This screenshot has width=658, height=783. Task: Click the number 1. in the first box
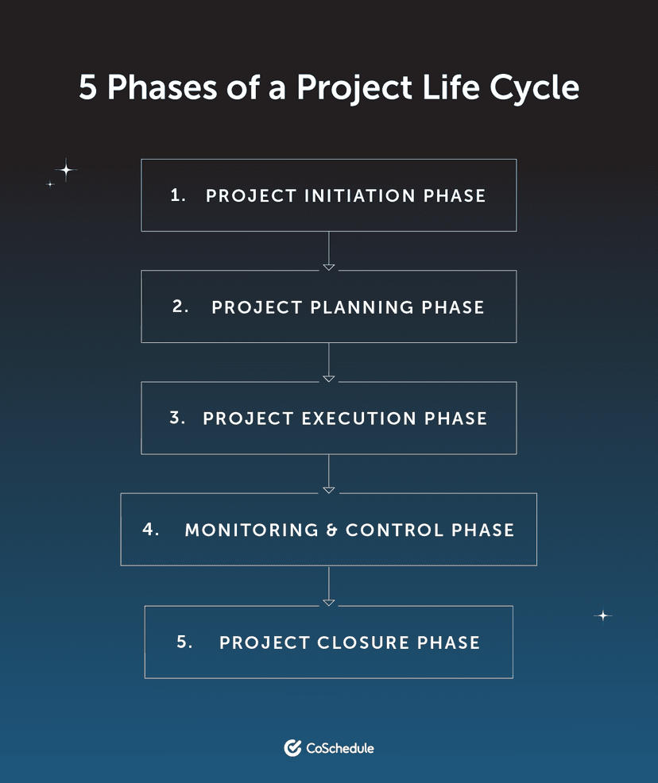pyautogui.click(x=178, y=195)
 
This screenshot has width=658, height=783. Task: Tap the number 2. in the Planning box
pyautogui.click(x=180, y=307)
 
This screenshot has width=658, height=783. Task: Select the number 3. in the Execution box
pyautogui.click(x=177, y=418)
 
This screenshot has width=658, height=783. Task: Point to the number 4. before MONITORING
pyautogui.click(x=151, y=529)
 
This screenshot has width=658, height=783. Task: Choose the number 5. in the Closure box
pyautogui.click(x=184, y=642)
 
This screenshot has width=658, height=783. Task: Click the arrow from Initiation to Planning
pyautogui.click(x=329, y=251)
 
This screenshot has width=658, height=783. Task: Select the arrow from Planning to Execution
pyautogui.click(x=329, y=362)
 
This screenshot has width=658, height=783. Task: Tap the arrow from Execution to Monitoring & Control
pyautogui.click(x=329, y=473)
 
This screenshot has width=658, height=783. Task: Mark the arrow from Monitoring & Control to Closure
pyautogui.click(x=329, y=586)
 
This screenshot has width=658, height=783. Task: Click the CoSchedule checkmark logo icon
pyautogui.click(x=292, y=747)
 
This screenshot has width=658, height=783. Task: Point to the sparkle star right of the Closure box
pyautogui.click(x=603, y=615)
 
